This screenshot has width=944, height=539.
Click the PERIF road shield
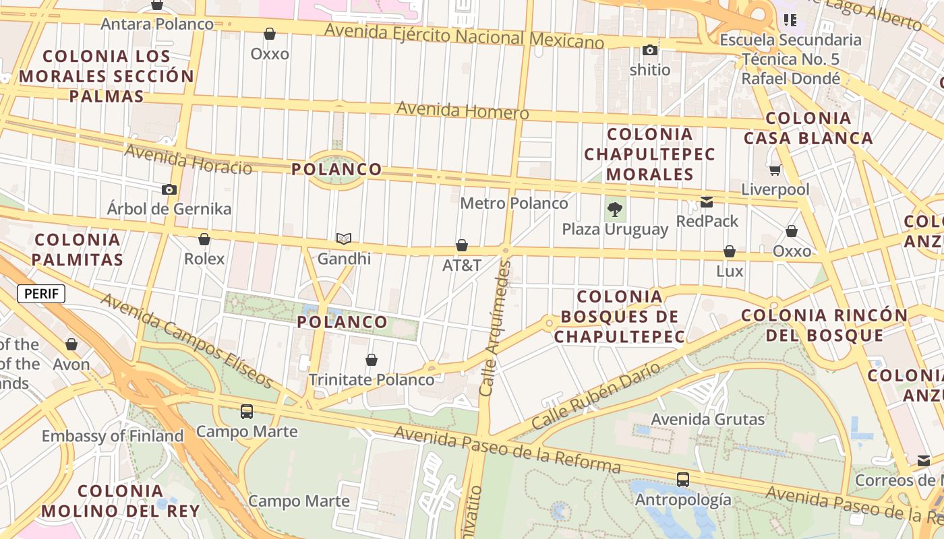click(41, 294)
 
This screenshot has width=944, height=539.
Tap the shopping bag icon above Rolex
click(204, 239)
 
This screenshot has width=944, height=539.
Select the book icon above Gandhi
click(344, 239)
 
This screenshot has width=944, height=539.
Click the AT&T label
click(462, 265)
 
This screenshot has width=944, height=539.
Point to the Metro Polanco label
click(514, 203)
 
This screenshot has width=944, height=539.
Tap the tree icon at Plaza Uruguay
click(614, 209)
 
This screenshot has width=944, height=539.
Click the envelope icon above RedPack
click(707, 201)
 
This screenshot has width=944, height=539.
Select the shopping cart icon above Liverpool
click(775, 170)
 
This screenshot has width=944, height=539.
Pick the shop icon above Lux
click(730, 252)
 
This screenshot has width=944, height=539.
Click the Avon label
click(71, 364)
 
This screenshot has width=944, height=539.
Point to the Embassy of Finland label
click(113, 436)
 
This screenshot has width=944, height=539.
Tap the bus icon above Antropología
click(683, 480)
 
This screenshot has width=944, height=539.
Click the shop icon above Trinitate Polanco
click(372, 360)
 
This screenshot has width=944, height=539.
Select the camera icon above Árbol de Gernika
click(169, 189)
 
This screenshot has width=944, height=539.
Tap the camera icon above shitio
click(650, 50)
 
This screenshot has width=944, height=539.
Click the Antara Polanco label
click(157, 24)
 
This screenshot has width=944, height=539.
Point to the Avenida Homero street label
click(463, 110)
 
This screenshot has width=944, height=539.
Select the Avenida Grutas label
click(708, 419)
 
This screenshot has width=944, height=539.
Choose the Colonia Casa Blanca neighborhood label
click(808, 128)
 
